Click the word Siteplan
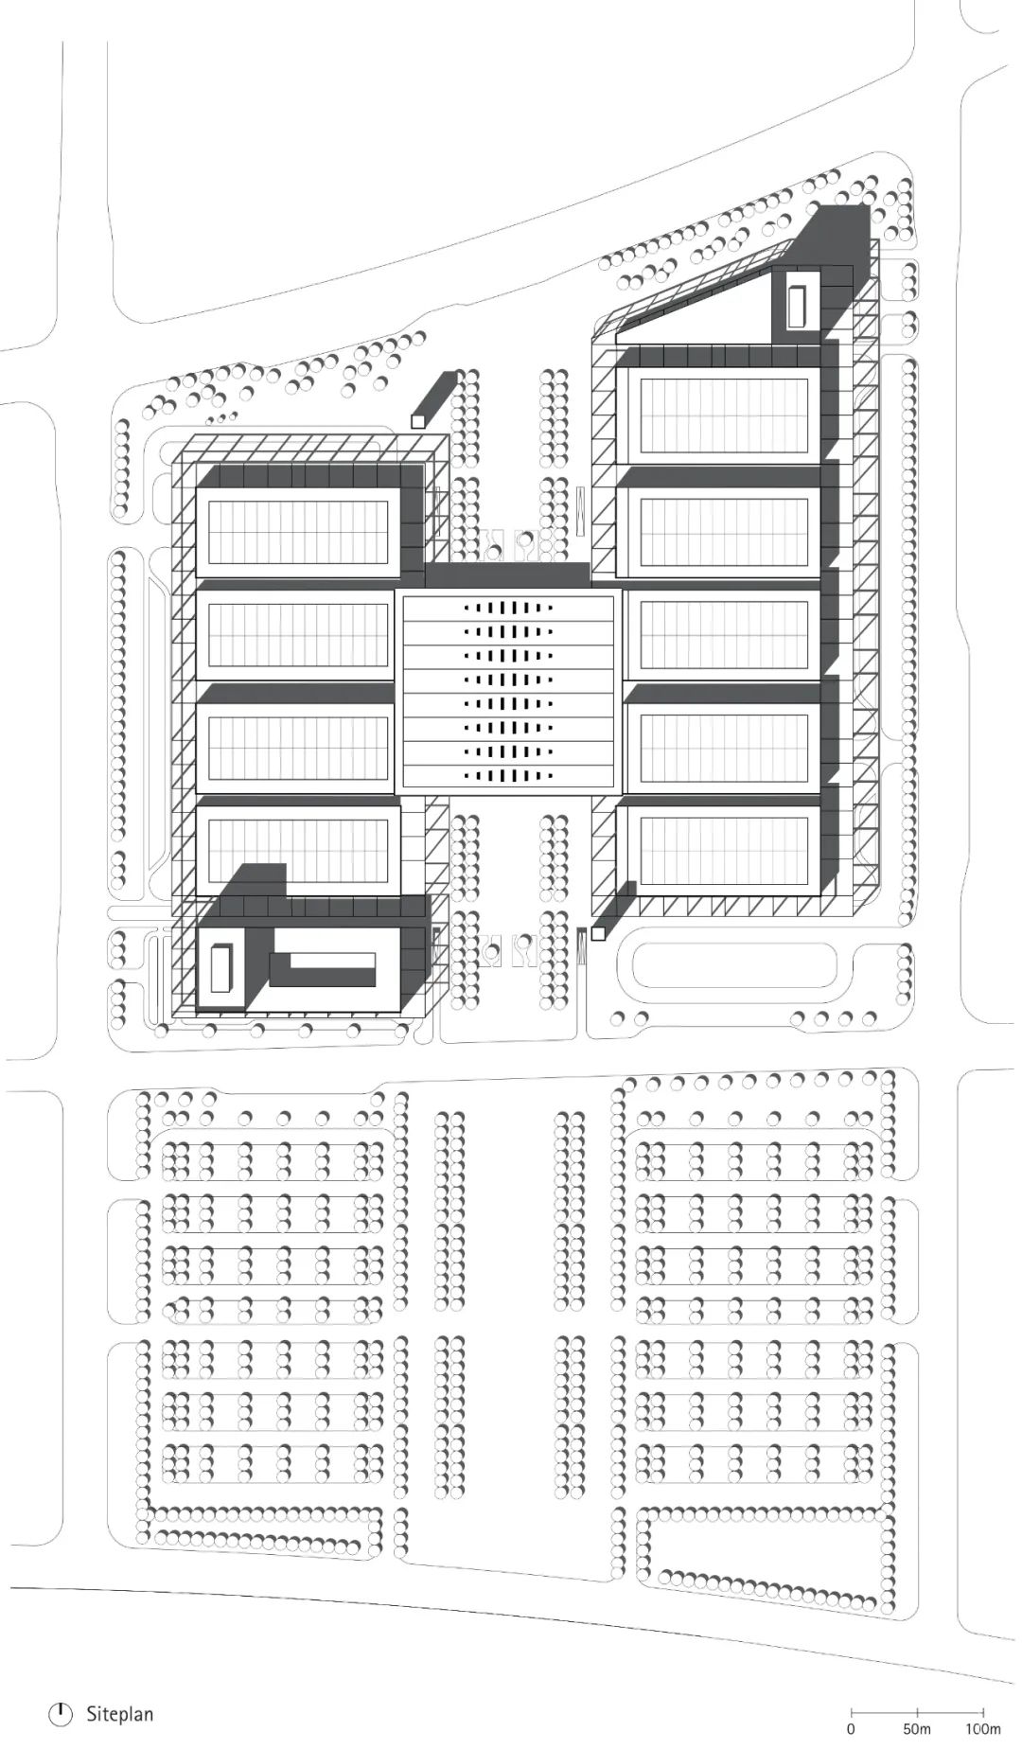point(119,1714)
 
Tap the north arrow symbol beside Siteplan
point(61,1714)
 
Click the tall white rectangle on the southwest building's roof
point(220,967)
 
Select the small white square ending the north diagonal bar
point(417,422)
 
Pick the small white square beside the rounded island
point(598,934)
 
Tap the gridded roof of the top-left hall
point(298,532)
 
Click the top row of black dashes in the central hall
point(508,608)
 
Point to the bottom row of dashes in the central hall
point(508,775)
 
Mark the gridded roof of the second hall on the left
point(298,634)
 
